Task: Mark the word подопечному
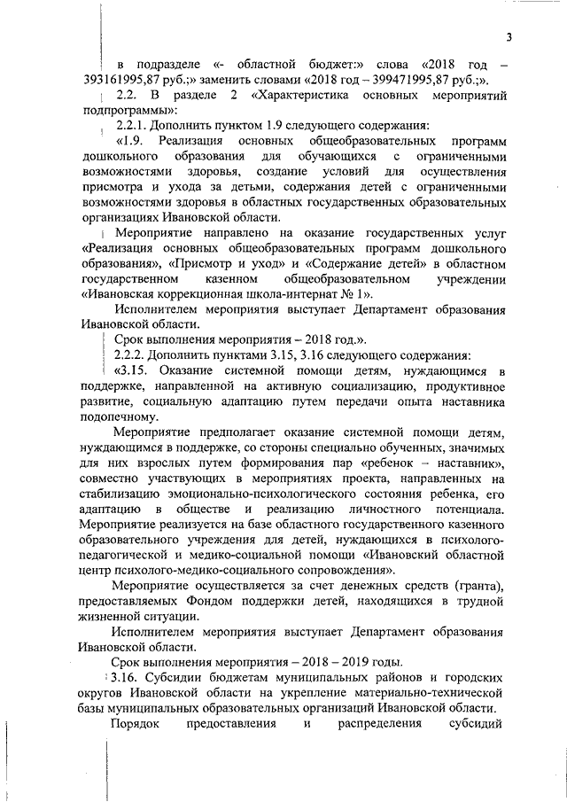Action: click(x=114, y=417)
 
